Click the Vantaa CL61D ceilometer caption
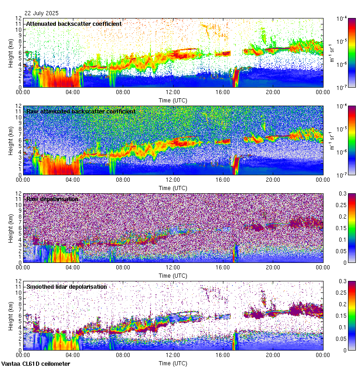[36, 364]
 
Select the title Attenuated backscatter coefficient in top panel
[74, 24]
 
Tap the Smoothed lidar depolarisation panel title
[66, 286]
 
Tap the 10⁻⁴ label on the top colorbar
[342, 18]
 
